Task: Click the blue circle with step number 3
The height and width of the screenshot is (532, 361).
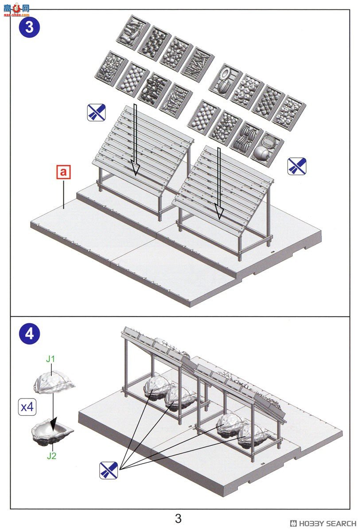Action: click(x=29, y=27)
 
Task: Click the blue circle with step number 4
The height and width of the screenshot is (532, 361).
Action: click(x=29, y=334)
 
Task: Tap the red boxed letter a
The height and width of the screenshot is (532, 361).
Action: click(x=63, y=172)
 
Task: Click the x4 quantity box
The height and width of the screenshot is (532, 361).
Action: click(x=27, y=407)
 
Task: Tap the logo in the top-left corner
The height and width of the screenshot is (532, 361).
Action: click(x=16, y=11)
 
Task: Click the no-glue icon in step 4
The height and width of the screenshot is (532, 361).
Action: click(x=109, y=470)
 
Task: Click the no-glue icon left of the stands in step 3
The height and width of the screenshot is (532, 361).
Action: click(x=97, y=112)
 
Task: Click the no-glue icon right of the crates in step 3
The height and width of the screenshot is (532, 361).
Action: click(x=297, y=166)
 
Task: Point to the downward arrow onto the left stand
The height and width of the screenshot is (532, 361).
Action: click(x=135, y=140)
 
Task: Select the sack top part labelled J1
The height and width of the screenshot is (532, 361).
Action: click(x=54, y=382)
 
